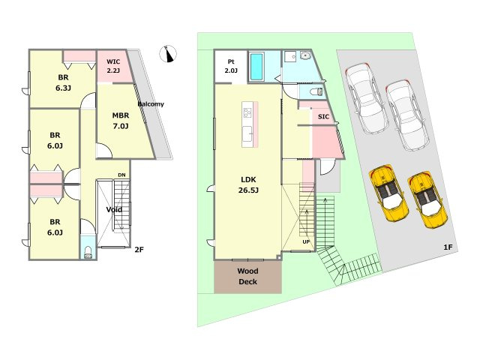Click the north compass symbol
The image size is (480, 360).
[x=168, y=54]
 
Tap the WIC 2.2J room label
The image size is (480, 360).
[x=113, y=66]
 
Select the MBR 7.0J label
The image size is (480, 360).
[x=121, y=121]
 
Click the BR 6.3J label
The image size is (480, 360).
[x=63, y=82]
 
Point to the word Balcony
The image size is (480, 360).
[x=151, y=104]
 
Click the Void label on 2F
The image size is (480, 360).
[x=114, y=210]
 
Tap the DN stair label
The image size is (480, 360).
[x=121, y=175]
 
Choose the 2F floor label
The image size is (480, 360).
[x=139, y=250]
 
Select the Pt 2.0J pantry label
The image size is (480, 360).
[x=231, y=66]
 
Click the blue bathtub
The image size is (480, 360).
[x=256, y=67]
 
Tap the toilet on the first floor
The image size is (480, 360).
[x=316, y=91]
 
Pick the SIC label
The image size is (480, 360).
[x=323, y=117]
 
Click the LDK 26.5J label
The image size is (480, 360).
[x=248, y=185]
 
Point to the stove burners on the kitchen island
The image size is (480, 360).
[x=247, y=113]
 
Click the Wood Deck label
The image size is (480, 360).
[x=248, y=277]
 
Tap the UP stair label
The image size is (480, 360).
[x=306, y=241]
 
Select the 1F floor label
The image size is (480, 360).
[x=448, y=247]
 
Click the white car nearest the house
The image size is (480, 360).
[x=367, y=98]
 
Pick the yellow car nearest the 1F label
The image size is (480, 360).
[x=428, y=201]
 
